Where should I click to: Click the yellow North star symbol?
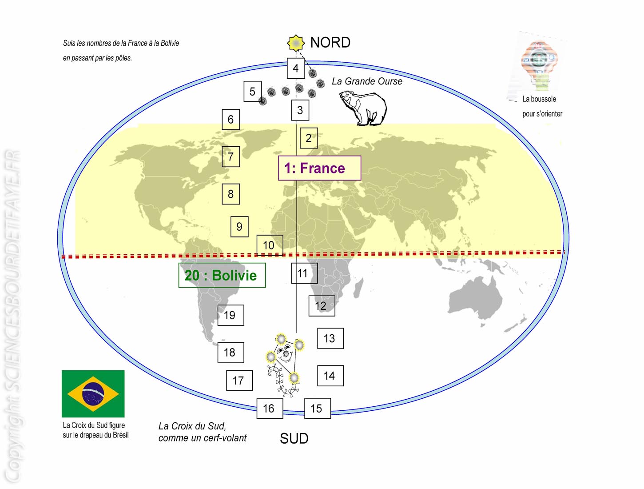click(296, 43)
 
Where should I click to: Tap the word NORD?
click(330, 43)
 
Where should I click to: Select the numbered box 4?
click(296, 68)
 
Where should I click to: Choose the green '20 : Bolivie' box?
click(222, 275)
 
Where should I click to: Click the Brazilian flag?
click(93, 393)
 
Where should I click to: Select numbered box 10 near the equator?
click(270, 245)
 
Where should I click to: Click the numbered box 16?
click(270, 408)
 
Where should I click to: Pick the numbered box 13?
click(330, 338)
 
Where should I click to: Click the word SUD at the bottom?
click(294, 438)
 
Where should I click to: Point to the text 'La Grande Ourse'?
click(367, 81)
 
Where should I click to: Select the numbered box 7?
click(231, 156)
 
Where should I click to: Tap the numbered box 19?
click(231, 315)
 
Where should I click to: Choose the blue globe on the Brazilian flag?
click(93, 394)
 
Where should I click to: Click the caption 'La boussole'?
click(539, 99)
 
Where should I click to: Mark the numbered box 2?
click(309, 138)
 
